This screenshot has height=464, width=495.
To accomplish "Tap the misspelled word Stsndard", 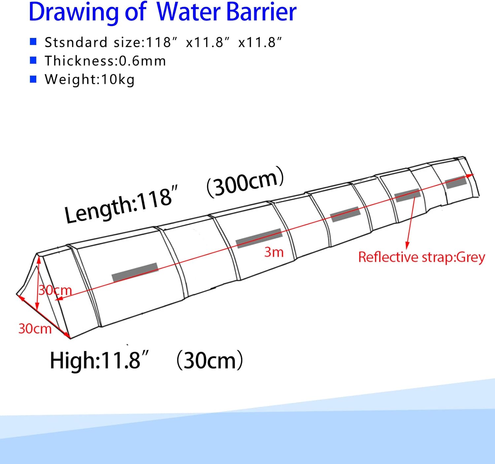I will [x=76, y=43].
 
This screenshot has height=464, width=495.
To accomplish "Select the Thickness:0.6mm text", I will [x=105, y=61].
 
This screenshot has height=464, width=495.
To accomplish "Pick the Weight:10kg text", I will [x=90, y=80].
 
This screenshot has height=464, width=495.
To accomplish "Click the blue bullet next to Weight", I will [x=33, y=79].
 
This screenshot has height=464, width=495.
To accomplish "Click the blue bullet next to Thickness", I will [x=33, y=60].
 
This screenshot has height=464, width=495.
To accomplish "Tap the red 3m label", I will [x=274, y=252].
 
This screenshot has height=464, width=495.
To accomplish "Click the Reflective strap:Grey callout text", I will [x=421, y=257].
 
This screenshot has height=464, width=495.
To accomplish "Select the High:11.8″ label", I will [x=99, y=360].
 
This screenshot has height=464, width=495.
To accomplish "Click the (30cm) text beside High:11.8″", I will [x=210, y=360].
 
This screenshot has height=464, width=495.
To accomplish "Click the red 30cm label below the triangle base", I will [x=35, y=329].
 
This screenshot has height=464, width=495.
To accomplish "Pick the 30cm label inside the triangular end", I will [x=55, y=290].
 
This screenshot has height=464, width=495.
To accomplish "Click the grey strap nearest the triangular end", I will [x=135, y=272].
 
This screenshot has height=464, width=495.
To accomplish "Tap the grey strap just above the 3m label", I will [x=259, y=238].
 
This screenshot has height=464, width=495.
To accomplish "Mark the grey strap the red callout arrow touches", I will [x=408, y=195].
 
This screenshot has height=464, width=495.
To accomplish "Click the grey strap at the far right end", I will [x=456, y=182].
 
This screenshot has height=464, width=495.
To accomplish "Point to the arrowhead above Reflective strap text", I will [x=407, y=246].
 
